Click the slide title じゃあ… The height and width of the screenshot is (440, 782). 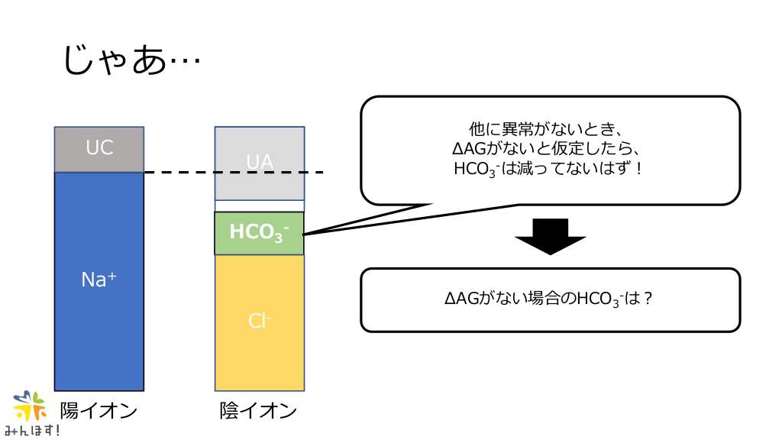coord(131,60)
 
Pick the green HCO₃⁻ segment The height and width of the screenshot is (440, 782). coord(260,233)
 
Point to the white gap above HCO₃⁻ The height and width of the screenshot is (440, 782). coord(260,205)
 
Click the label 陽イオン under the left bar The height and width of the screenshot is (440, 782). coord(99,411)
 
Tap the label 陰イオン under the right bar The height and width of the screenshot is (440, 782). coord(258,411)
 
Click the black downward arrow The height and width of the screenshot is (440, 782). coord(550,236)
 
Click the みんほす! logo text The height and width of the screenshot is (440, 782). coord(32,431)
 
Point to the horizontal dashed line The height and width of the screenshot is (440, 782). coord(233,173)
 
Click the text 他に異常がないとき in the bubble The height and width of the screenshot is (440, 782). coord(550,128)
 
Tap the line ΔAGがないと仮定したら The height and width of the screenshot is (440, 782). coord(550,148)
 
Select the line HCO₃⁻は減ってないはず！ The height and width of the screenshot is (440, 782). coord(550,168)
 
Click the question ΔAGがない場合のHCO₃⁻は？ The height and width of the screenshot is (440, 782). coord(550,299)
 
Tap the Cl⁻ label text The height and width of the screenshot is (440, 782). coord(260,321)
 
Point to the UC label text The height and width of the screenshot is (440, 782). coord(99,147)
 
